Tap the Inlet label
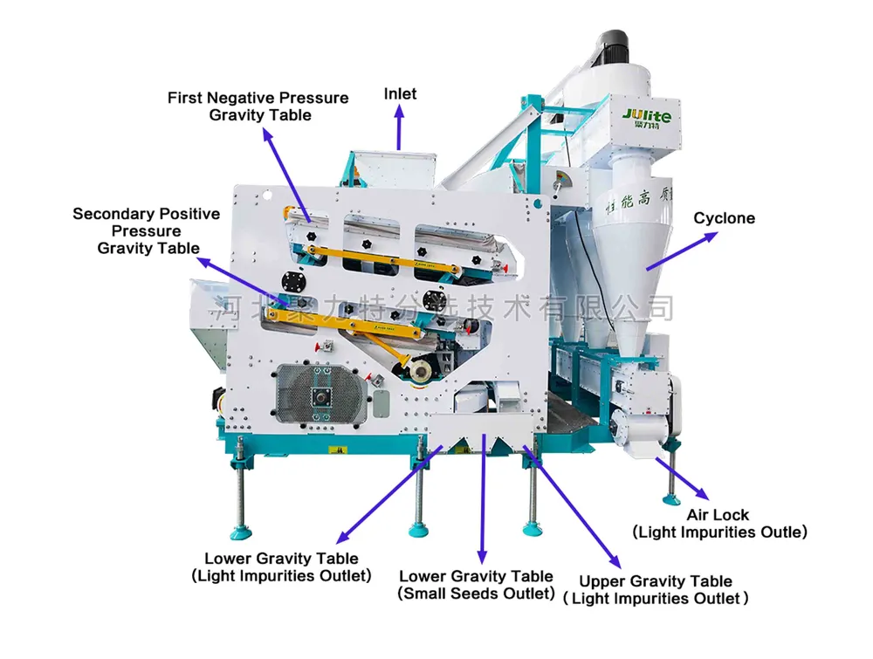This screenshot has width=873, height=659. (x=401, y=93)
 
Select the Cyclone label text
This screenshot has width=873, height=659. (x=724, y=217)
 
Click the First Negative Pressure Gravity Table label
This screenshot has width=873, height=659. (x=258, y=106)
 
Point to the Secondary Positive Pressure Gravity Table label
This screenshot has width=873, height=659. (x=147, y=230)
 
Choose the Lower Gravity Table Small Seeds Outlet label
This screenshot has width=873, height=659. (x=476, y=585)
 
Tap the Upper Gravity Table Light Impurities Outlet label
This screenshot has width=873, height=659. (x=655, y=589)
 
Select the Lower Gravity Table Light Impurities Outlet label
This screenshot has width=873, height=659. (x=281, y=566)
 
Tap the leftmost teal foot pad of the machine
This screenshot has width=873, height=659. (x=240, y=530)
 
